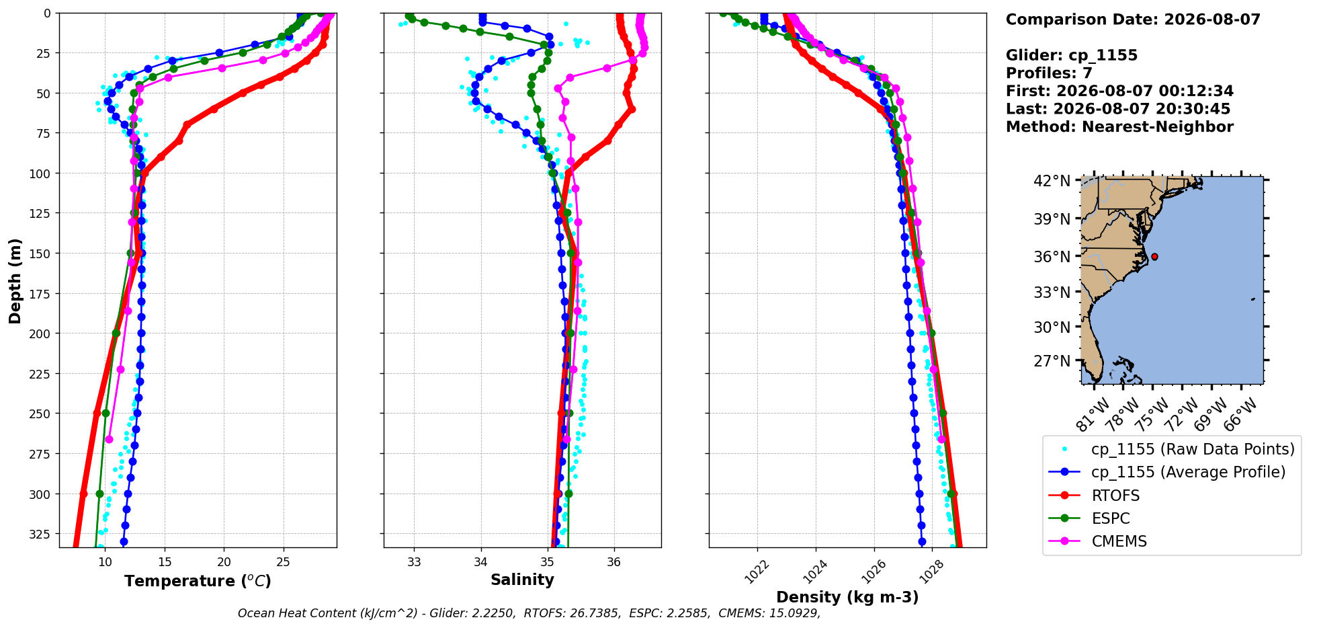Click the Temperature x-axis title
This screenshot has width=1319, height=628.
pos(198,581)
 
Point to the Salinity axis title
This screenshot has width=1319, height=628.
pos(522,580)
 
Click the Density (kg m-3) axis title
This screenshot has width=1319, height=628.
pos(847,597)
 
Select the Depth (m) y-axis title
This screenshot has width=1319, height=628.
pos(15,280)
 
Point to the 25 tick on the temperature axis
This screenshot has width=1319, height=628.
pos(283,562)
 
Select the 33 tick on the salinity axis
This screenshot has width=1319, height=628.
pos(414,562)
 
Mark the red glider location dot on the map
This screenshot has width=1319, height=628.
pos(1154,257)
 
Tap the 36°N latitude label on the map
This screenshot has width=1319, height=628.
pos(1052,256)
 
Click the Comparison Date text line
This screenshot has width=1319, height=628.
pos(1133,19)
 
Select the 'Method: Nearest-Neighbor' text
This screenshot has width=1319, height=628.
pos(1119,127)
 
